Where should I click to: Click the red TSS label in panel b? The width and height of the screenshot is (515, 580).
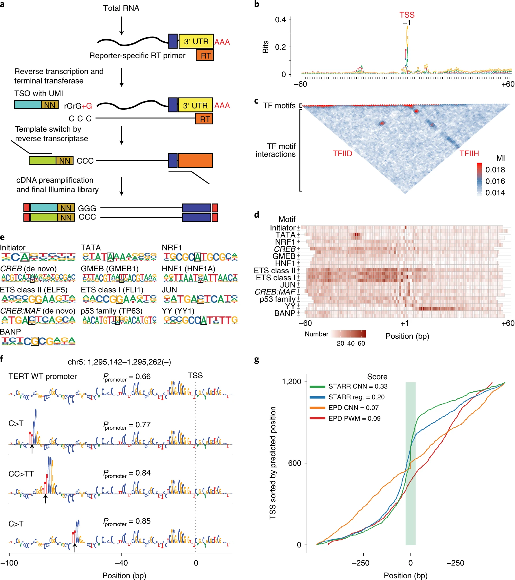coord(407,15)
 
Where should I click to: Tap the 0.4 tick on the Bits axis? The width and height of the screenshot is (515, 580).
coord(280,20)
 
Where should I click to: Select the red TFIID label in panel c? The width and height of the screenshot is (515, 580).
coord(342,154)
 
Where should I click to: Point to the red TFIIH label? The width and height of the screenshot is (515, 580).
coord(469,154)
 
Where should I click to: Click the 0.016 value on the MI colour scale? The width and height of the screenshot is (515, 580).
coord(495,181)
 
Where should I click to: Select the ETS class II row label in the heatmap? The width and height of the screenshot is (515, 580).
coord(274,270)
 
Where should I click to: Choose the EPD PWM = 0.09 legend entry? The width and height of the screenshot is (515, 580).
coord(354,419)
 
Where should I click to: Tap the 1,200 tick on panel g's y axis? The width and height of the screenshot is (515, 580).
coord(292,382)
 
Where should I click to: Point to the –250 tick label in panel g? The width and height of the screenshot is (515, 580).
coord(360,563)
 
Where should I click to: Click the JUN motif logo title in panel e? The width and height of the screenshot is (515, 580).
coord(169,290)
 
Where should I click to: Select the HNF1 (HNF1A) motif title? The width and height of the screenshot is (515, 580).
coord(188,269)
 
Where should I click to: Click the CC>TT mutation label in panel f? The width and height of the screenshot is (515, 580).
coord(21,474)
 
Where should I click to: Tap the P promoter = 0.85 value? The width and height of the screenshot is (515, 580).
coord(127,522)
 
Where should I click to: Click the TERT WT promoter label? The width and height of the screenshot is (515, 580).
coord(43,376)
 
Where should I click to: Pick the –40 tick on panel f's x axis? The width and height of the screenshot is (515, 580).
coord(121,563)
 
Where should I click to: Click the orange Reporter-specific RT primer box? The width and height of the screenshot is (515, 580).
coord(205,55)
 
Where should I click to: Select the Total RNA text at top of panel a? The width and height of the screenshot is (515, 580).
coord(121,8)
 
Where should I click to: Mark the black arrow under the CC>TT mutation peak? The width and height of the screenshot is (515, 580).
coord(45,499)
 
